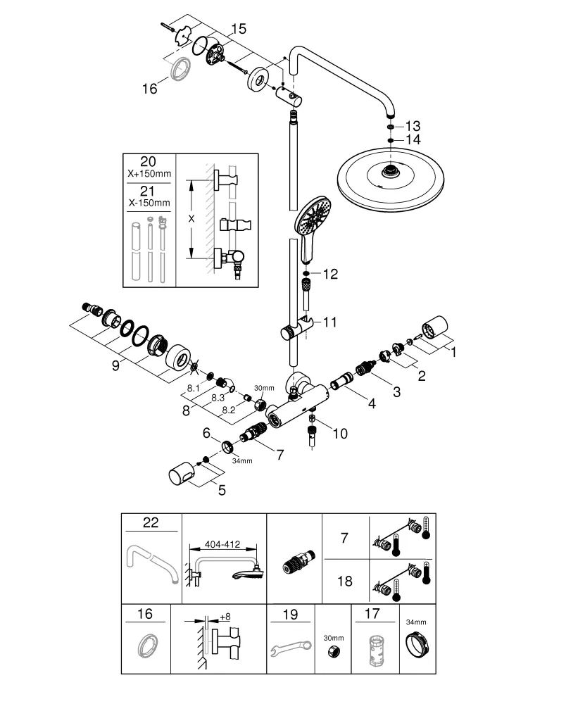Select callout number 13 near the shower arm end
coord(412,125)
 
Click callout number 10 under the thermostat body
coord(339,434)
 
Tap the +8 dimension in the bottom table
coord(225,617)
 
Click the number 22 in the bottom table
coord(151,522)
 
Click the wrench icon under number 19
coord(291,648)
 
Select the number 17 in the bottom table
coord(372,614)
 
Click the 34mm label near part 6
coord(241,461)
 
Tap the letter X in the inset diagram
coord(191,219)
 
